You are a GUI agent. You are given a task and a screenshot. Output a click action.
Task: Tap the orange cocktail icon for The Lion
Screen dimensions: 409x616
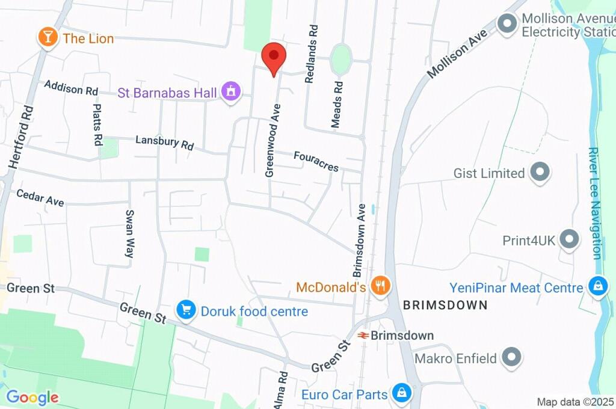(x=47, y=38)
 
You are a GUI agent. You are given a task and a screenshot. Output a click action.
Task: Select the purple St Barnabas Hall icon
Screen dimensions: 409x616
(x=230, y=92)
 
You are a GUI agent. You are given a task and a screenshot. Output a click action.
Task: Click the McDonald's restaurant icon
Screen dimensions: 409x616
(x=380, y=286)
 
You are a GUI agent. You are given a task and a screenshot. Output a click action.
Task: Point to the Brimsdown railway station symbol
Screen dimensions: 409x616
(x=363, y=335)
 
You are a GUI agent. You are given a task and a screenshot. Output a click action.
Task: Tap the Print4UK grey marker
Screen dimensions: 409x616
(x=568, y=239)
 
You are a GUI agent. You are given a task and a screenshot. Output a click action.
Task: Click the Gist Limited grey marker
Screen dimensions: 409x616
(x=540, y=173)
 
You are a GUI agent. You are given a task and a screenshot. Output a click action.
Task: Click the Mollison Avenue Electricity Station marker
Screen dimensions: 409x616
(x=507, y=25)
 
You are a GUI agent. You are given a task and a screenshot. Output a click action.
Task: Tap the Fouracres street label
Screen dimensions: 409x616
(x=316, y=161)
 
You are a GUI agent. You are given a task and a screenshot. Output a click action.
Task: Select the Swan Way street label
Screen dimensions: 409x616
(x=129, y=234)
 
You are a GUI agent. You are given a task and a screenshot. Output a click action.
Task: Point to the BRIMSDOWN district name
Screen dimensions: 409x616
(x=445, y=305)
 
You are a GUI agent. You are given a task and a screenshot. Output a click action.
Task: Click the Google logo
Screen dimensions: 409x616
(x=32, y=398)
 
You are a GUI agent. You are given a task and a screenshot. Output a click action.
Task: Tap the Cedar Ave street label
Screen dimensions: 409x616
(x=40, y=198)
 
